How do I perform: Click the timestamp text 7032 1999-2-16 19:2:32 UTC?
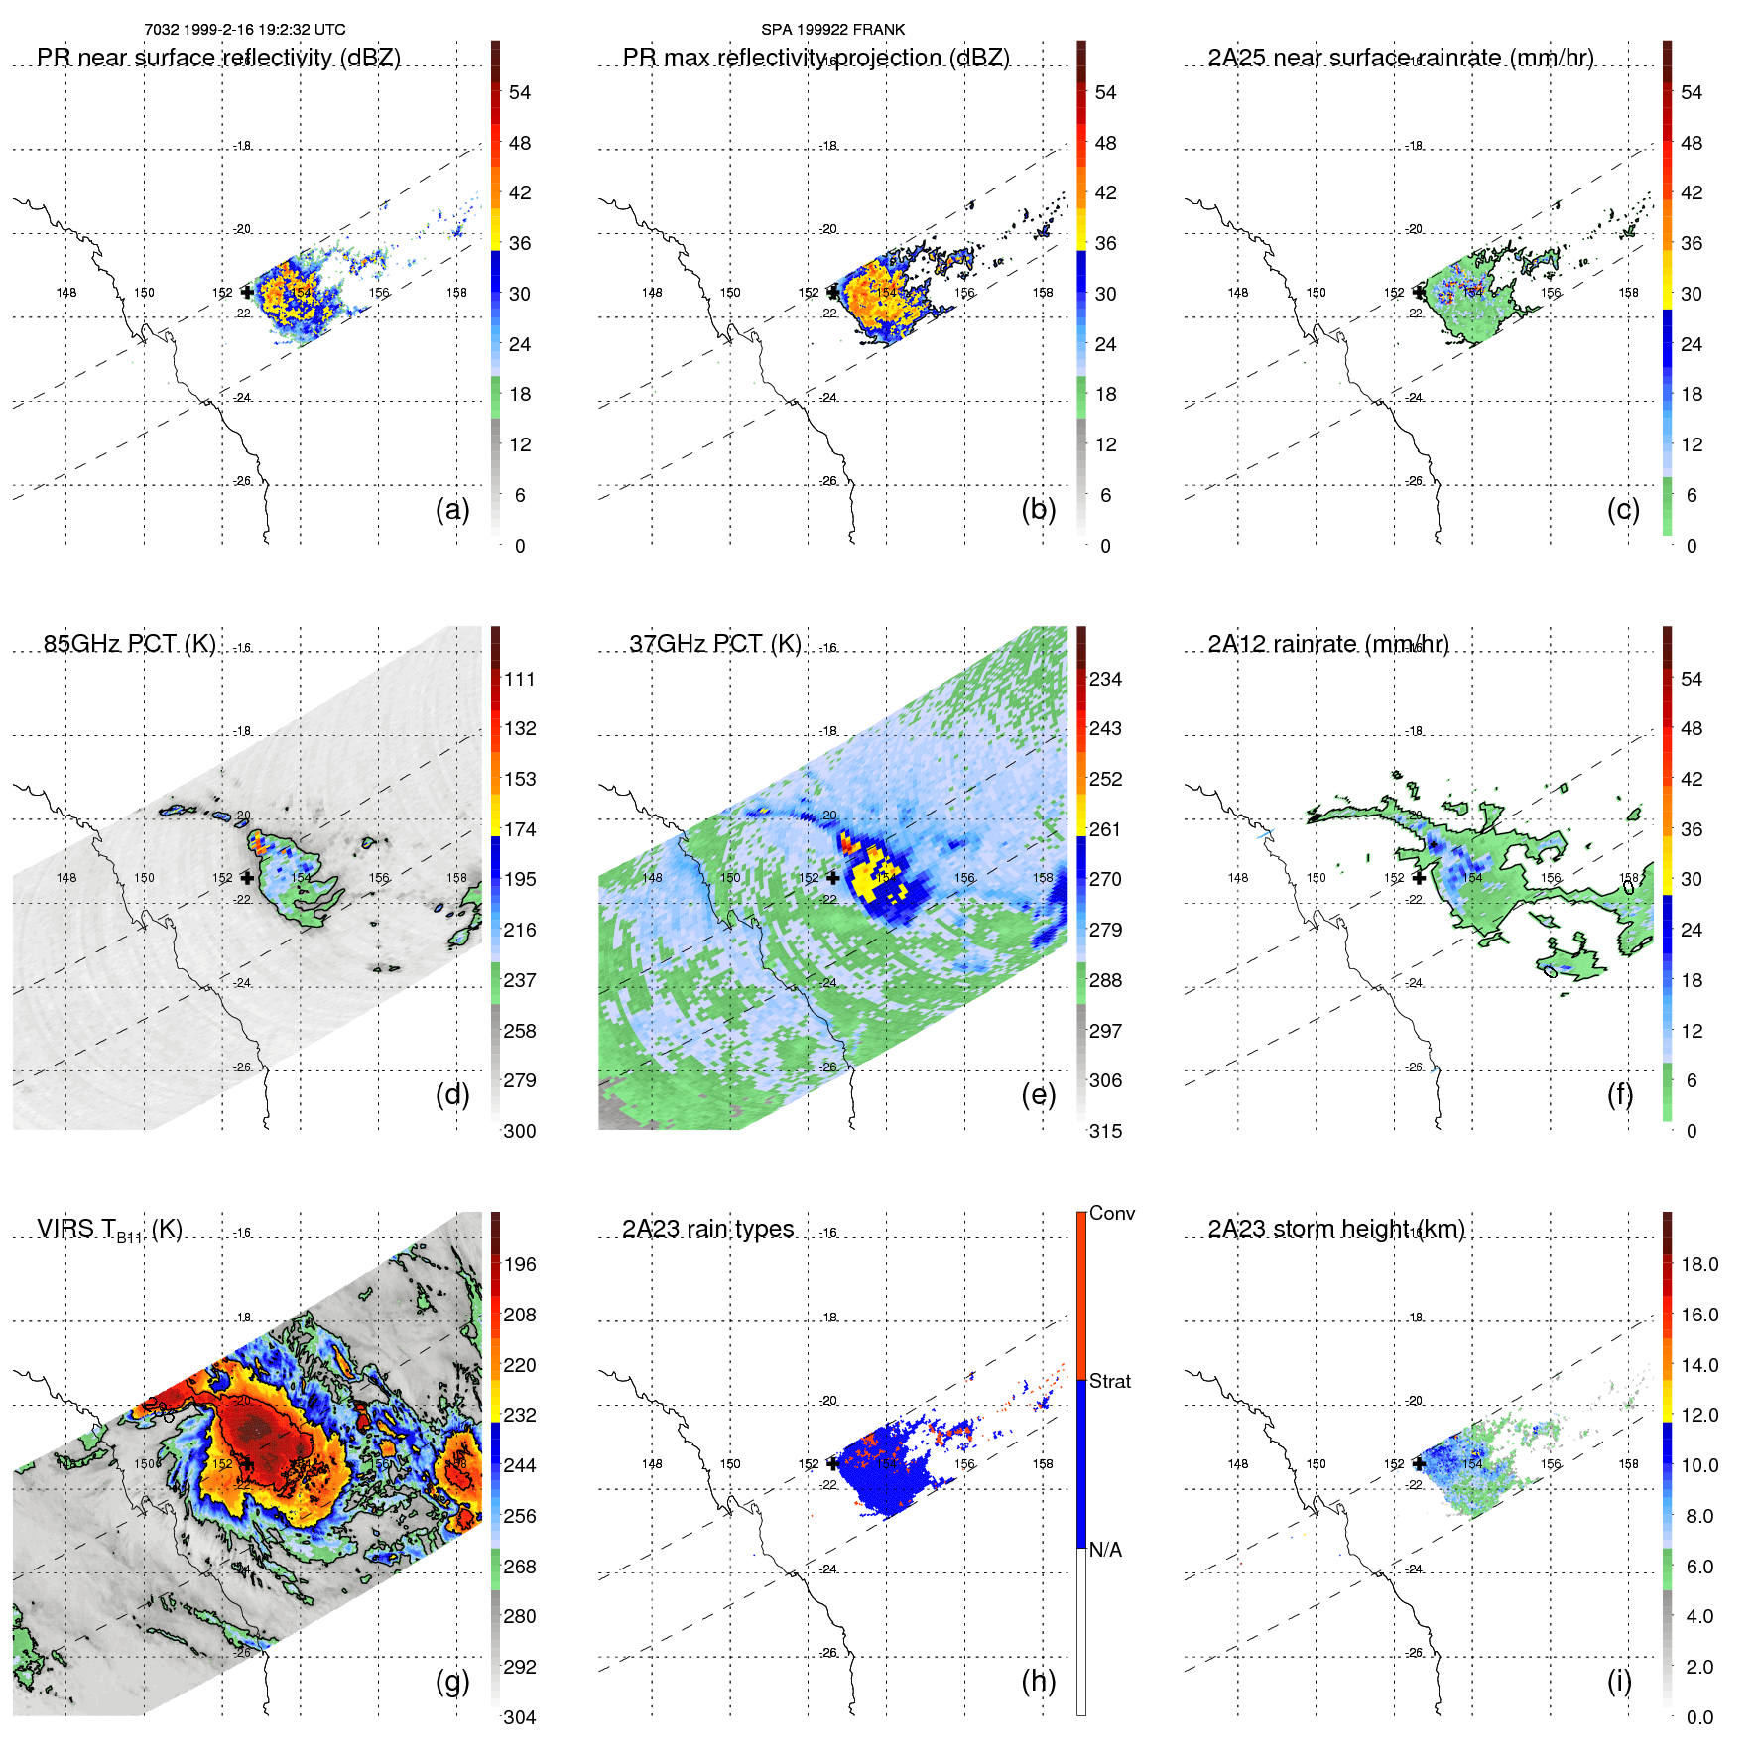pos(244,30)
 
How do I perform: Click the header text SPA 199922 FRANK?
pos(832,30)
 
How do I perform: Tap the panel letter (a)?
pos(452,510)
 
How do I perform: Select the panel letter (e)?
pos(1038,1095)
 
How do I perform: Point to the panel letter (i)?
pos(1619,1681)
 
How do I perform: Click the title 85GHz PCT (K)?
pos(129,644)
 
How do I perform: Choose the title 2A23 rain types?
pos(707,1229)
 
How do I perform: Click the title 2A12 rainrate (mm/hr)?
pos(1327,644)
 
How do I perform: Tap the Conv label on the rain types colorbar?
pos(1111,1213)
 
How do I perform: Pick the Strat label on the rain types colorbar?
pos(1109,1381)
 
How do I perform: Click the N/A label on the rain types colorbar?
pos(1105,1550)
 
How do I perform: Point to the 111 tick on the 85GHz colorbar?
pos(520,679)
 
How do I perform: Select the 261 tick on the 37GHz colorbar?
pos(1105,829)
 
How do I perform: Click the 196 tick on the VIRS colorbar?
pos(520,1264)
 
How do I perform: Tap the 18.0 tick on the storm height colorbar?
pos(1698,1264)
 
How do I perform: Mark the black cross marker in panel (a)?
pos(247,292)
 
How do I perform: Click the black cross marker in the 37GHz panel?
pos(832,877)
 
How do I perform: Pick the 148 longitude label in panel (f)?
pos(1237,878)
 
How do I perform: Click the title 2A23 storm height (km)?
pos(1335,1229)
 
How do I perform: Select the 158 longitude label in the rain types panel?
pos(1042,1463)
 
